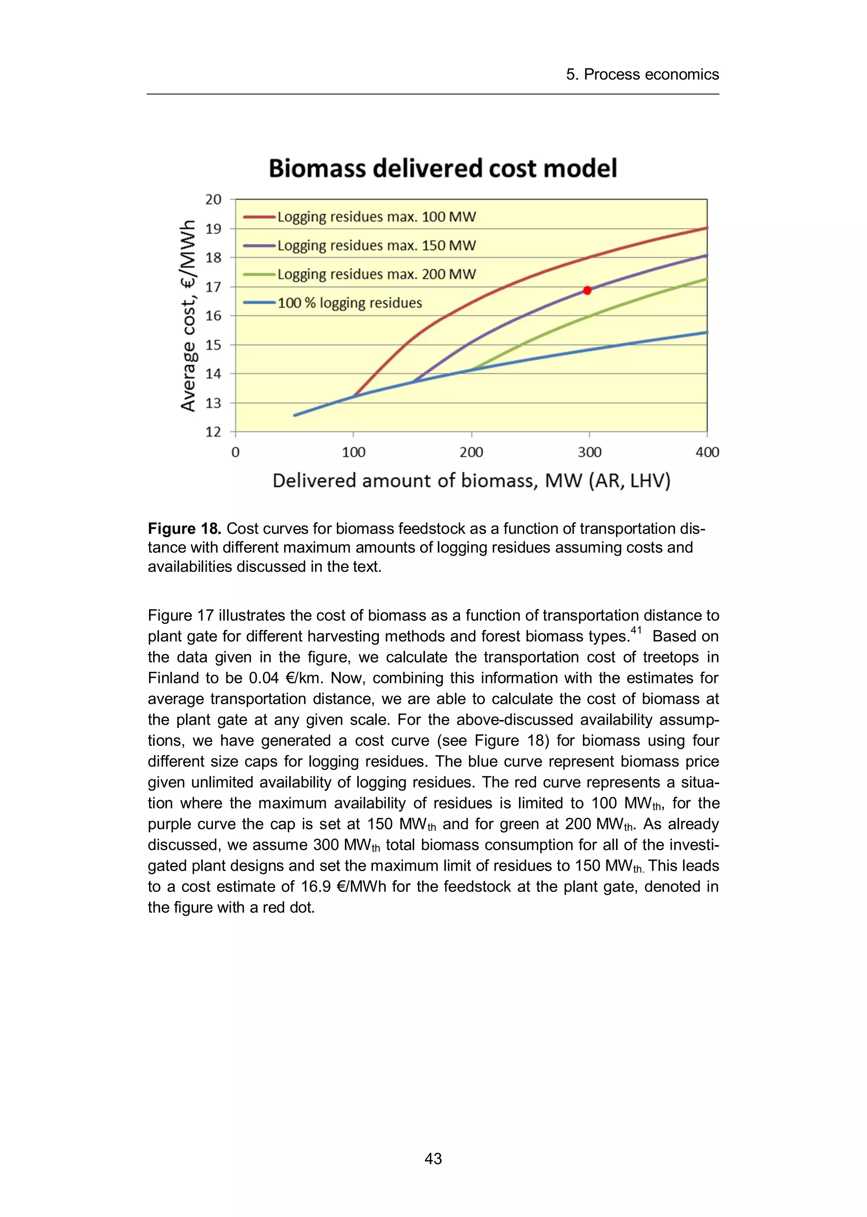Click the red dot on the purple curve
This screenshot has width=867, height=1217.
[x=587, y=290]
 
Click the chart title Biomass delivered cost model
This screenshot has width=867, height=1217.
[x=442, y=168]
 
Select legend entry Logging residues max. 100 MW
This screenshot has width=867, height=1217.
[x=376, y=217]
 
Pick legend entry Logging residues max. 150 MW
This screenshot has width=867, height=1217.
[x=376, y=246]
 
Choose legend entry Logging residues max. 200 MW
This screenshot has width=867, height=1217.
[x=376, y=274]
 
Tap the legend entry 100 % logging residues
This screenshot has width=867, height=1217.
[x=349, y=303]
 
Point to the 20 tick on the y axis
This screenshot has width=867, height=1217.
[x=213, y=200]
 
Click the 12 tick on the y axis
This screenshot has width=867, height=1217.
[x=213, y=432]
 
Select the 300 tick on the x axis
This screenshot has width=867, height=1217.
[x=589, y=453]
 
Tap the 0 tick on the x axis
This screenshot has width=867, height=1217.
[x=235, y=453]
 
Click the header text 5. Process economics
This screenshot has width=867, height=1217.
[x=642, y=74]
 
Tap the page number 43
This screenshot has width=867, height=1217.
[x=433, y=1158]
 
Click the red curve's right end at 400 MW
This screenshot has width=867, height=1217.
[x=706, y=228]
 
